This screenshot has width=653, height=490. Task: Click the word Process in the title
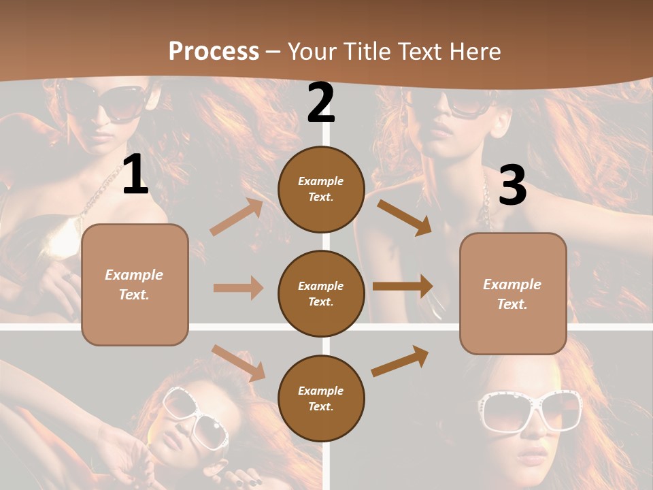click(x=214, y=52)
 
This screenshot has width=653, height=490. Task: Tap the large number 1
click(x=135, y=175)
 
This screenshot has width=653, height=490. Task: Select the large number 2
click(x=321, y=103)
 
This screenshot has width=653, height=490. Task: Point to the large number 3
click(x=512, y=185)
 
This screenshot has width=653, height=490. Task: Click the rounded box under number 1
click(x=135, y=284)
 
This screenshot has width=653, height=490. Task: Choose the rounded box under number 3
click(x=513, y=293)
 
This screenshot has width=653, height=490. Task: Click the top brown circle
click(x=321, y=189)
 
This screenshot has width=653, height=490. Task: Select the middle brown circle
click(x=321, y=293)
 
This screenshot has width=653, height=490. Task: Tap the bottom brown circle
click(x=321, y=398)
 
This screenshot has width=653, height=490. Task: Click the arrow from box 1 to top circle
click(x=237, y=217)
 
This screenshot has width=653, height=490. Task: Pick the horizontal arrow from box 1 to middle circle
click(x=238, y=288)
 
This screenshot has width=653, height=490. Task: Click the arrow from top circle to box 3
click(x=404, y=217)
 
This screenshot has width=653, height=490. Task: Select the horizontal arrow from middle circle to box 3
click(x=403, y=287)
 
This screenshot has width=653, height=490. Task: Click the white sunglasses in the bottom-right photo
click(x=531, y=411)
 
